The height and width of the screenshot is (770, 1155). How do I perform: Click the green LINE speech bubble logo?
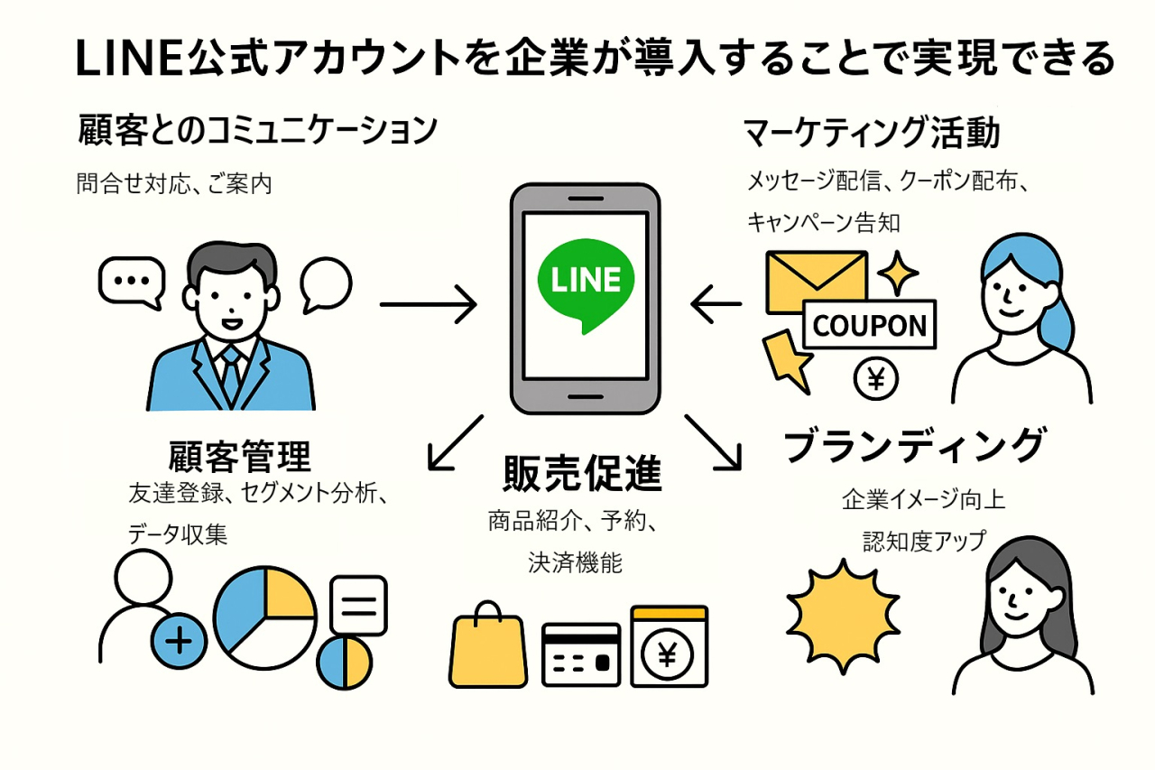pyautogui.click(x=585, y=281)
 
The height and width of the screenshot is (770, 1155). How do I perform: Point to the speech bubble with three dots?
pyautogui.click(x=132, y=279)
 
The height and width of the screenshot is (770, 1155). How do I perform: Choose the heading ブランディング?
pyautogui.click(x=914, y=445)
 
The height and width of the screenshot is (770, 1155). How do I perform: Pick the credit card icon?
pyautogui.click(x=581, y=656)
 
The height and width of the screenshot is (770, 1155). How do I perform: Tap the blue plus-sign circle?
pyautogui.click(x=180, y=641)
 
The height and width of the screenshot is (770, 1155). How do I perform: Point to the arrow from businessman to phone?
pyautogui.click(x=428, y=305)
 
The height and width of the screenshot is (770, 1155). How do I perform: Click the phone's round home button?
pyautogui.click(x=585, y=398)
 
